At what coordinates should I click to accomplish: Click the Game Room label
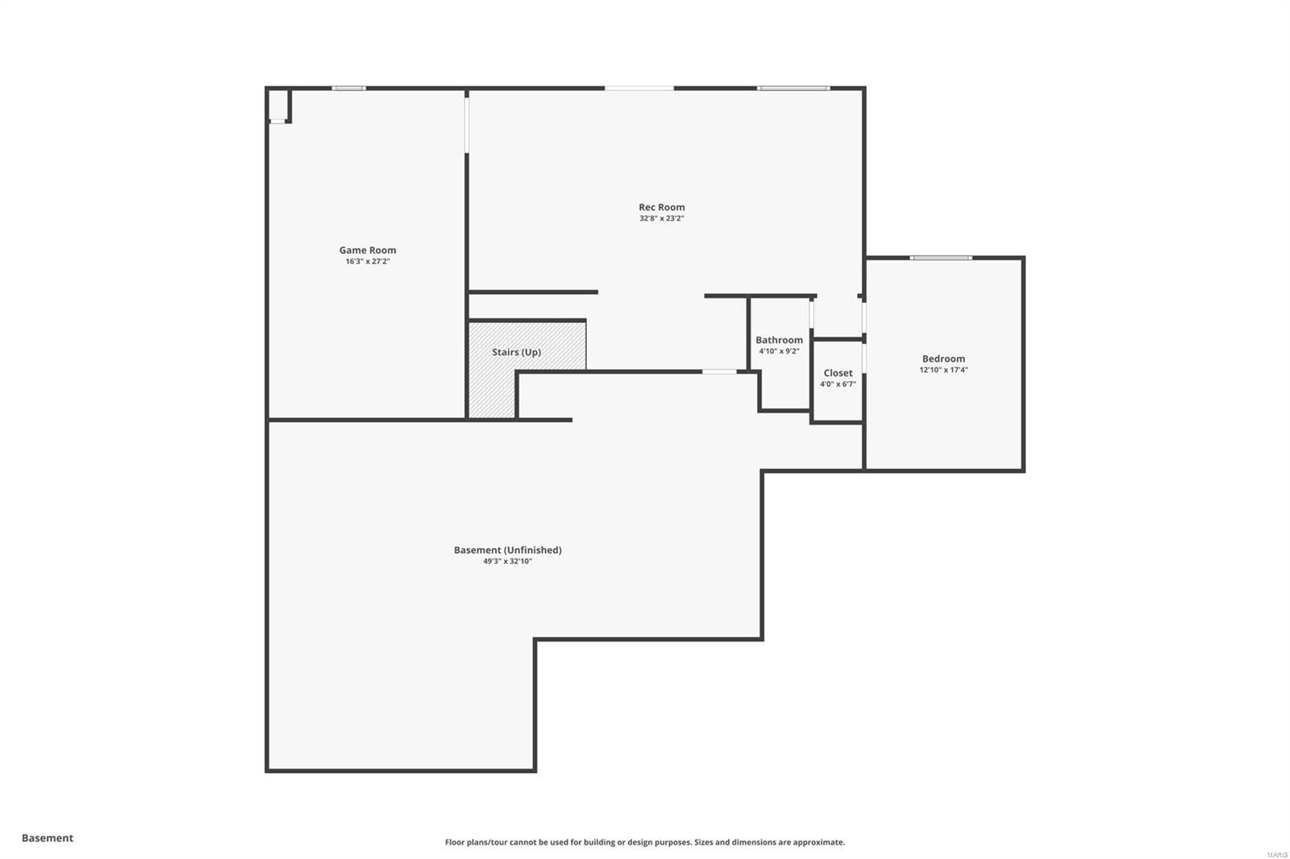[367, 251]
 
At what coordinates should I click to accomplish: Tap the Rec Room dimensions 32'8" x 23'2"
[661, 218]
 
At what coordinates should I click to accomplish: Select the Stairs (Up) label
[516, 352]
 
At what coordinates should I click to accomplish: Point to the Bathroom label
[779, 340]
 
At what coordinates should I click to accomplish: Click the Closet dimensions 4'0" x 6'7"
[838, 384]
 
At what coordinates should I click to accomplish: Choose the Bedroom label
[943, 359]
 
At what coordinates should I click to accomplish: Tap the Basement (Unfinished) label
[507, 550]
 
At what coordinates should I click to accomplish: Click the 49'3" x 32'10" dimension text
[507, 562]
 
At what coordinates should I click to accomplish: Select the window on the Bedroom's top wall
[941, 258]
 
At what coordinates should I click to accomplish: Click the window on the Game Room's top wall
[348, 88]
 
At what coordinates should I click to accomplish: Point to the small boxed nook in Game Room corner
[277, 106]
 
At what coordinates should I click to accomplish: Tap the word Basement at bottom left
[47, 838]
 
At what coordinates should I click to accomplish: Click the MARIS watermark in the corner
[1276, 854]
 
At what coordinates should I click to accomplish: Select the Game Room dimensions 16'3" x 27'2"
[367, 262]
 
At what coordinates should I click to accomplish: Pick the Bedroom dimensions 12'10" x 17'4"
[943, 371]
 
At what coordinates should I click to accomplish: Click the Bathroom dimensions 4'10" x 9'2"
[779, 351]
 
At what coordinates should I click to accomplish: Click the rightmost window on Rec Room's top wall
[793, 88]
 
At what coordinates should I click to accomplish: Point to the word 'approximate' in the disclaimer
[821, 843]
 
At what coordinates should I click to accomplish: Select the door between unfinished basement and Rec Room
[718, 371]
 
